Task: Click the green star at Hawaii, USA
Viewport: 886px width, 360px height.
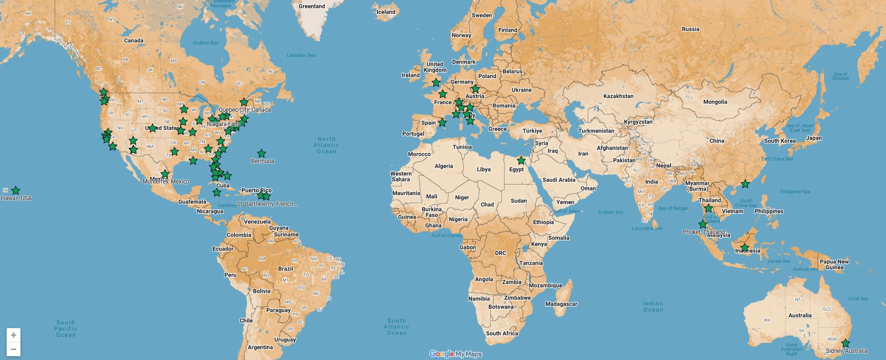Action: coord(16,191)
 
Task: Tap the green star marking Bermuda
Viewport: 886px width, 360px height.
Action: coord(262,154)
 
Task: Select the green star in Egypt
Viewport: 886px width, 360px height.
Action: coord(521,161)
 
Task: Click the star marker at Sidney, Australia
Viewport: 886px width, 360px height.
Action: coord(846,343)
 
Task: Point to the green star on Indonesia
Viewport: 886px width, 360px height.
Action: coord(745,247)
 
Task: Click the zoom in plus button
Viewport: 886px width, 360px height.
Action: coord(13,335)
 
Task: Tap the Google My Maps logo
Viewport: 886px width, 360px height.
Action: coord(456,354)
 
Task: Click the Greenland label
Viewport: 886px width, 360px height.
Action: coord(312,6)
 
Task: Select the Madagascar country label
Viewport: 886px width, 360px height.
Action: coord(561,304)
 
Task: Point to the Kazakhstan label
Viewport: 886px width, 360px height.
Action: coord(618,96)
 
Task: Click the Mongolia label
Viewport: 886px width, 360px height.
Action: coord(715,102)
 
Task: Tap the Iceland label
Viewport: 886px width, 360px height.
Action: coord(386,12)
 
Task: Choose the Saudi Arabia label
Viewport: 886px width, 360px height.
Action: coord(559,180)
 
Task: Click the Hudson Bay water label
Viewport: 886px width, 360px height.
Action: coord(206,43)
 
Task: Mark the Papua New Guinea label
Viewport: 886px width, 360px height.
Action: coord(834,264)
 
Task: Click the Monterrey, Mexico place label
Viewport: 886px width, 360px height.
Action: coord(166,182)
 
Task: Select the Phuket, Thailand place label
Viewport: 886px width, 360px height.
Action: coord(703,232)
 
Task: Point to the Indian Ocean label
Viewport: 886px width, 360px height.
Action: coord(653,307)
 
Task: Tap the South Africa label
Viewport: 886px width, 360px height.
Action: coord(502,333)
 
